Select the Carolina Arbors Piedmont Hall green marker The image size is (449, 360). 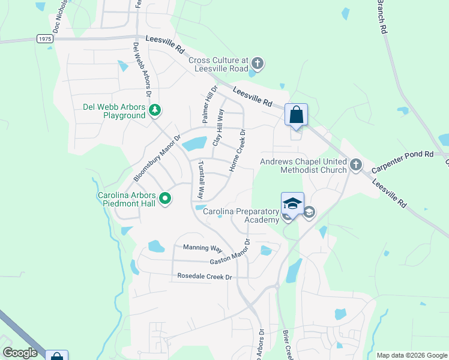coord(166,199)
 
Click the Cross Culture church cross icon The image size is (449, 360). coord(258,63)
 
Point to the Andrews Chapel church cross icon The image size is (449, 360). coord(356,164)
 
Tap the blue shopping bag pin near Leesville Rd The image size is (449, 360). coord(296,114)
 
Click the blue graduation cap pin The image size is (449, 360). coord(292,203)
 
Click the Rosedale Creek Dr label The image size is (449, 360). coord(204,277)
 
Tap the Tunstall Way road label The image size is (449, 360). coord(202,180)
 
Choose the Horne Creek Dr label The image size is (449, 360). coord(238,151)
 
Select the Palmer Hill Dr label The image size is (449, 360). coord(208,104)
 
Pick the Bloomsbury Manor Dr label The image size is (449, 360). coord(157,158)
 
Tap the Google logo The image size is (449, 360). coord(20,353)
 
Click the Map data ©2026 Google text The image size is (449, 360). coord(411,355)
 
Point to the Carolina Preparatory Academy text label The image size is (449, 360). coord(241,215)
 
